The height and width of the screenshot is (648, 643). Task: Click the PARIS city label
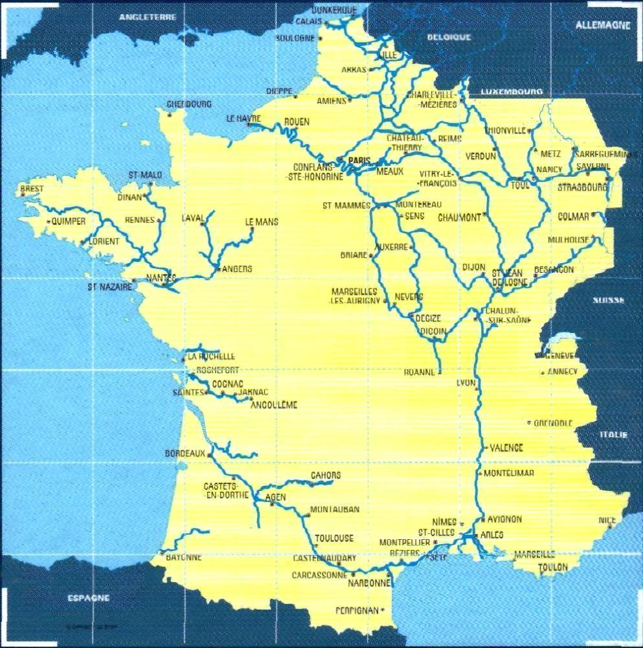pos(360,159)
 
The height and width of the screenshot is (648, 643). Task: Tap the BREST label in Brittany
pos(32,189)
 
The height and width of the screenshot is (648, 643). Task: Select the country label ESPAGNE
pos(89,598)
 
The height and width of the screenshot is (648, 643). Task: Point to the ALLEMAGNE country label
pos(602,25)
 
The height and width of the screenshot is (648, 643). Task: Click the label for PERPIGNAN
pos(357,610)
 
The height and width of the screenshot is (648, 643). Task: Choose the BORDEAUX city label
pos(185,454)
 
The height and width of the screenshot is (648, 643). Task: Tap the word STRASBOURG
pos(583,188)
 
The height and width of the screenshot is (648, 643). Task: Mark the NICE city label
pos(607,520)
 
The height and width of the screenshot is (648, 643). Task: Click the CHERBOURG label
pos(189,104)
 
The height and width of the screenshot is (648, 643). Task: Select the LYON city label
pos(466,383)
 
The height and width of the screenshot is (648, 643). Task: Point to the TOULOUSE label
pos(334,538)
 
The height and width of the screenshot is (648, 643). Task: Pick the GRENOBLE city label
pos(553,423)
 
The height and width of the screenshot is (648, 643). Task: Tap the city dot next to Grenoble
pos(529,422)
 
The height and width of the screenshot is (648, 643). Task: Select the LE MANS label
pos(262,222)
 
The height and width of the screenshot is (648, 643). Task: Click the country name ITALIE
pos(613,435)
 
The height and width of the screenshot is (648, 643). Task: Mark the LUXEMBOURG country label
pos(511,93)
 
